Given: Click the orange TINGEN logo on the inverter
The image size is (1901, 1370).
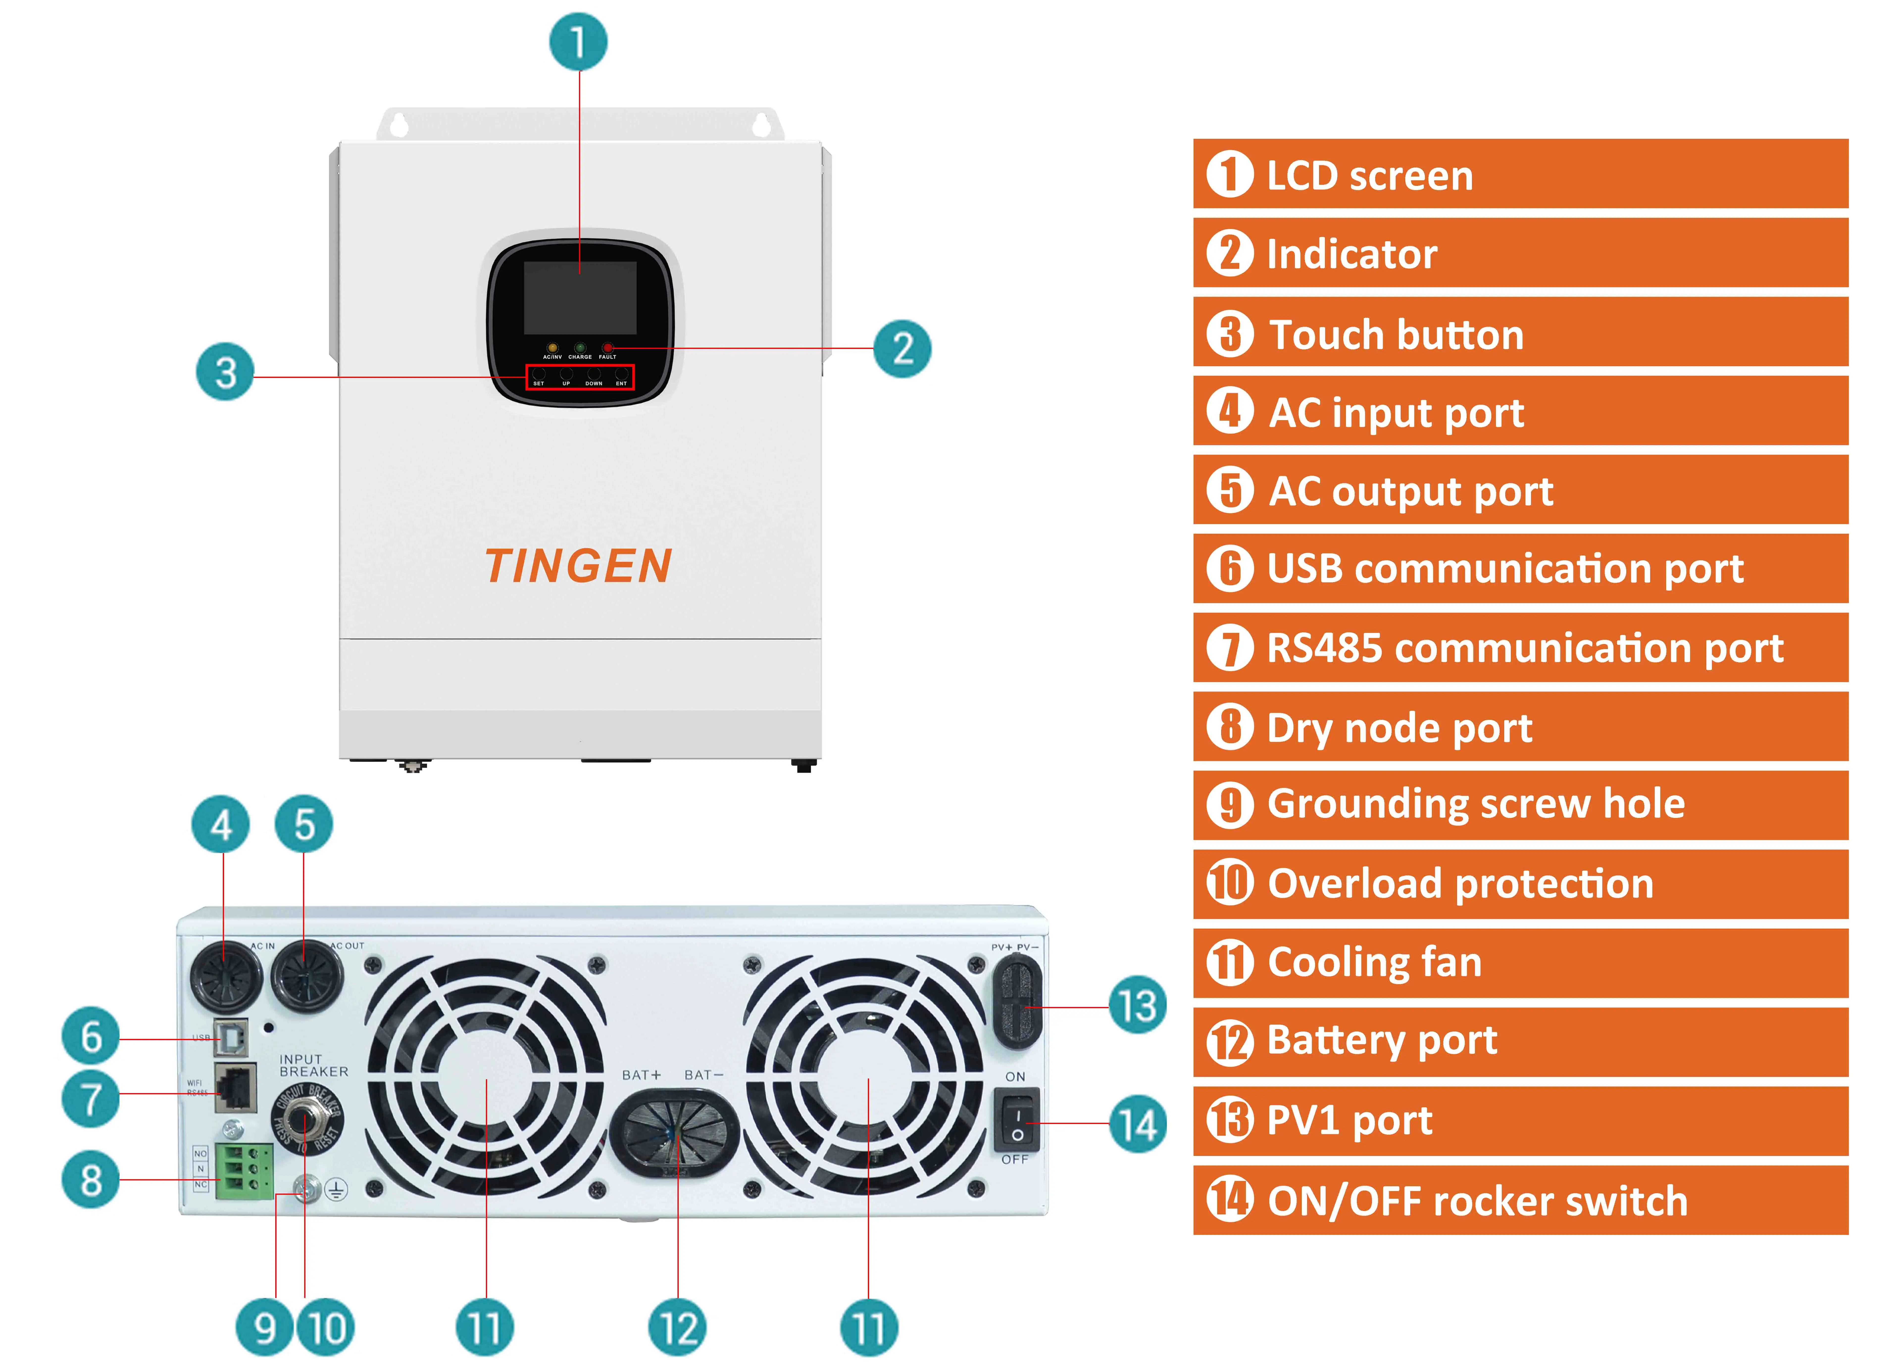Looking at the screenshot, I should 578,566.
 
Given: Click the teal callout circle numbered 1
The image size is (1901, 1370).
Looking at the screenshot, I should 578,42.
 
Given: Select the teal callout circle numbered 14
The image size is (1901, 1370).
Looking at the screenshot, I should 1137,1125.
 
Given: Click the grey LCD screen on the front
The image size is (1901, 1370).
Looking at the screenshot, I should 580,297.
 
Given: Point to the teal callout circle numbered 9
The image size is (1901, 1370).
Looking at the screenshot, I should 265,1327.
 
